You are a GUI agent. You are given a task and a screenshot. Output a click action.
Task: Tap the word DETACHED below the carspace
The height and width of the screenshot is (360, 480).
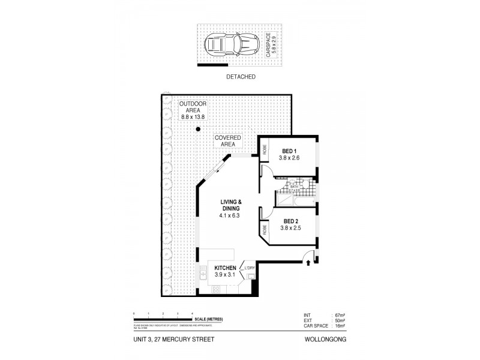(241, 77)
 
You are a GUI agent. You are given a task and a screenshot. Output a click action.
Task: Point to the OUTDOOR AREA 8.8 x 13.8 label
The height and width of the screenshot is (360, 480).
(192, 110)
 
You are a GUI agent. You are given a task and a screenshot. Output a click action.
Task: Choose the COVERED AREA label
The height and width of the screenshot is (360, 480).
(227, 141)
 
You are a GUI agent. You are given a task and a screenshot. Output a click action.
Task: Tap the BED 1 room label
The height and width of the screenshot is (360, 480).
(288, 154)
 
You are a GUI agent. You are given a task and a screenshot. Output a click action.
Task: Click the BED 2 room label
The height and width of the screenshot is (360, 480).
(288, 224)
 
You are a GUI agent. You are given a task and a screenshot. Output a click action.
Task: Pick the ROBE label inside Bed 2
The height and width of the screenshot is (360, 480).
(263, 229)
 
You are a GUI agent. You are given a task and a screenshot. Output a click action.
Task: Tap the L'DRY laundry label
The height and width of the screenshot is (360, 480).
(250, 268)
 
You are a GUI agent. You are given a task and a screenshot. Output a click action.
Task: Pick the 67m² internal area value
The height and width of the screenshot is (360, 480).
(338, 314)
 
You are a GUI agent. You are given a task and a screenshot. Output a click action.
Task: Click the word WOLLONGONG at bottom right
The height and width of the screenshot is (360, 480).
(332, 340)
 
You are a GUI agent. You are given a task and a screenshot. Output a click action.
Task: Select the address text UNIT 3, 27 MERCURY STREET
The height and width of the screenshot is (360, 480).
(173, 340)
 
